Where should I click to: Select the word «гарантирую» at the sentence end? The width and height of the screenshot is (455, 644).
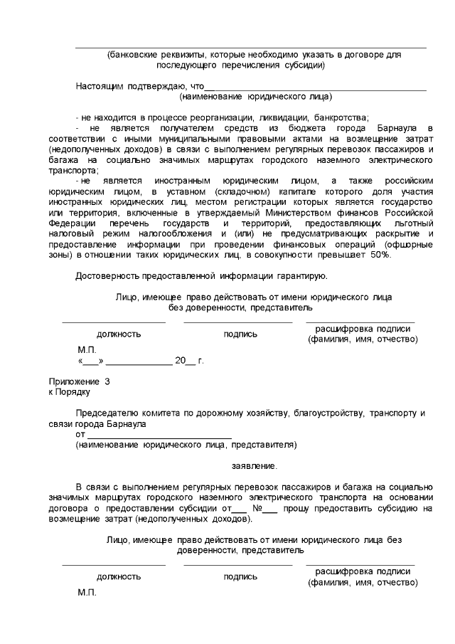pyautogui.click(x=303, y=276)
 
